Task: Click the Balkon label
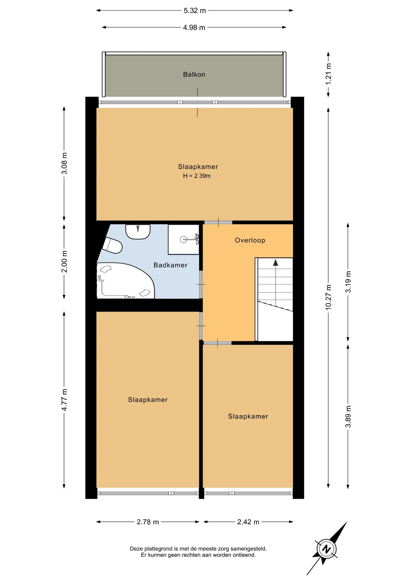194,74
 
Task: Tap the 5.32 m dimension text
195,11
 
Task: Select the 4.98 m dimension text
194,28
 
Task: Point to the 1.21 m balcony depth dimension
328,74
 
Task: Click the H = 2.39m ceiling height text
197,176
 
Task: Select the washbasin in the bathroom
138,232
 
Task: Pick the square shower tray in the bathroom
184,240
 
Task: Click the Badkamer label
171,265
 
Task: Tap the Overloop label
250,240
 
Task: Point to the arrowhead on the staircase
275,263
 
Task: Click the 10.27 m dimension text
328,297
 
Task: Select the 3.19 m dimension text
348,282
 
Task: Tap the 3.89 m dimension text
348,416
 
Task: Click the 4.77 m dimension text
64,400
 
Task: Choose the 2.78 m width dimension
148,522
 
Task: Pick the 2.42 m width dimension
248,522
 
